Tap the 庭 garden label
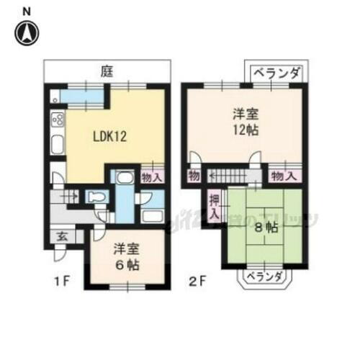[x=106, y=72]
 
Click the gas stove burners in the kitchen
[x=58, y=120]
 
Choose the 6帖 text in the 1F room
[x=126, y=264]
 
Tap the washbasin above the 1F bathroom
[x=123, y=179]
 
